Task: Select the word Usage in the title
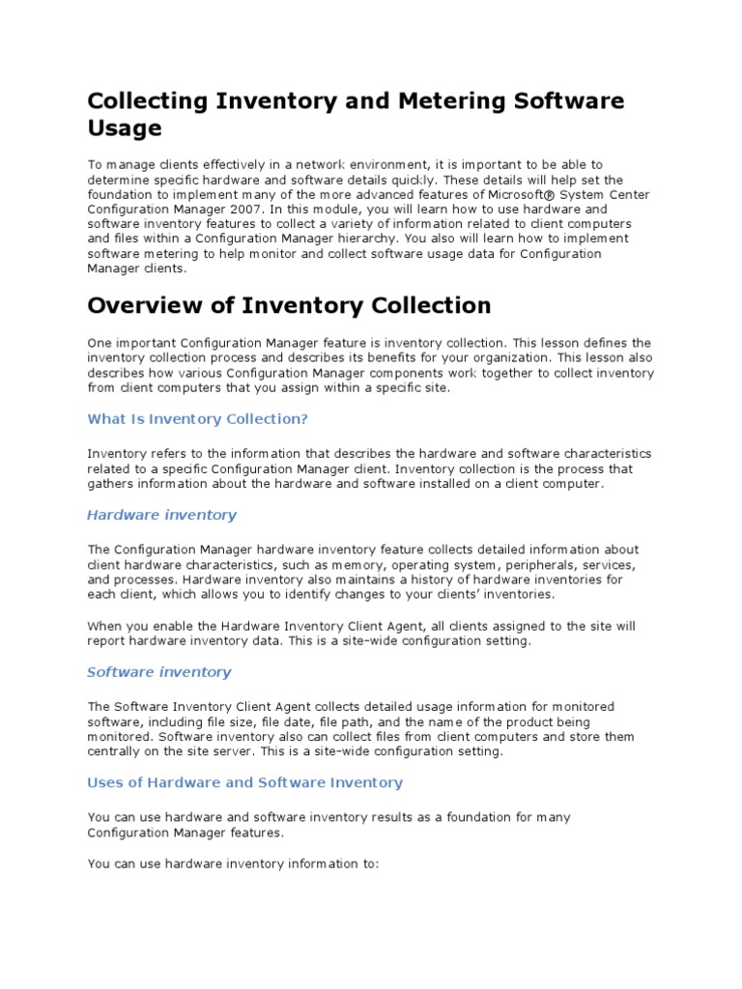click(x=125, y=128)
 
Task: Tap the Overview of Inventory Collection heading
click(x=289, y=306)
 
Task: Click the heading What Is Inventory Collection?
click(x=197, y=418)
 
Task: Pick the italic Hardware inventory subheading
click(x=161, y=515)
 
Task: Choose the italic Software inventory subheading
click(x=159, y=671)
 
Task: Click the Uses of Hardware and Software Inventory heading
click(x=244, y=782)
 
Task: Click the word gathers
click(x=108, y=483)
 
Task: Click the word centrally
click(x=114, y=751)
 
